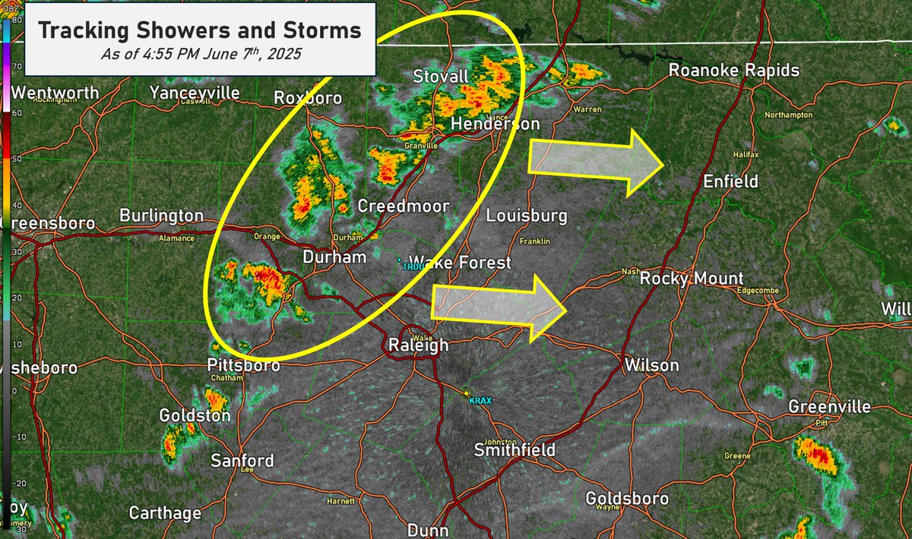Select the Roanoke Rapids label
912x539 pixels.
(x=733, y=71)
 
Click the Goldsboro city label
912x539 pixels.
(x=628, y=498)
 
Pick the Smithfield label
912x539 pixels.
(x=515, y=449)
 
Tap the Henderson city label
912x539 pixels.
(x=495, y=124)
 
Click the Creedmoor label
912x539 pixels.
(x=404, y=206)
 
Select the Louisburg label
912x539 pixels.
(x=527, y=216)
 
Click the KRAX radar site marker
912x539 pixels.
(x=467, y=392)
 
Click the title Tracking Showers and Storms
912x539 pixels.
(x=199, y=31)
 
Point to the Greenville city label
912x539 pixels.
(x=829, y=407)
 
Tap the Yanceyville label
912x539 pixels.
(x=195, y=93)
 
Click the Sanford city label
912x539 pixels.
(x=242, y=461)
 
